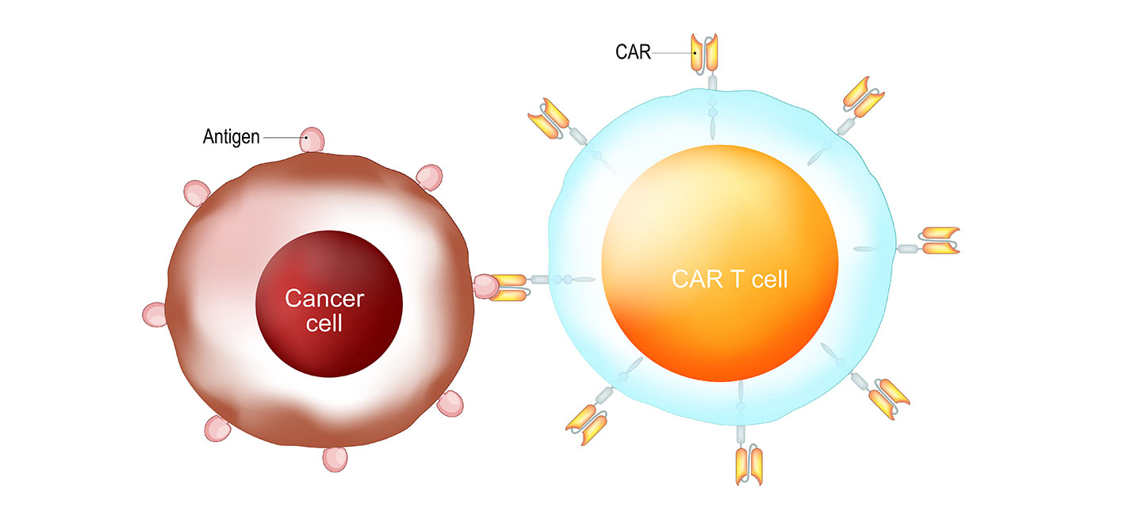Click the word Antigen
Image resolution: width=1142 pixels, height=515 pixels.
(231, 137)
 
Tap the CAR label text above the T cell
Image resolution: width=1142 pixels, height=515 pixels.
(633, 53)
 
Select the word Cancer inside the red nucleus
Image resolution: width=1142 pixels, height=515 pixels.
(324, 299)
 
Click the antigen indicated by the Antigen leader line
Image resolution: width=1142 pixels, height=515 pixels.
(312, 139)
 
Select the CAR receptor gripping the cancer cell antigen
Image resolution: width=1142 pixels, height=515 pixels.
(508, 287)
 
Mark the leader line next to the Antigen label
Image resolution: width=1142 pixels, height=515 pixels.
(282, 138)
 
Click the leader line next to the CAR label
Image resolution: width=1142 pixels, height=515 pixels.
(672, 53)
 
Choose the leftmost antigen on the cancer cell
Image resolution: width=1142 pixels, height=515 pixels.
(155, 314)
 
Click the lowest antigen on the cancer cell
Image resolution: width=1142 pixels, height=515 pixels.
(335, 458)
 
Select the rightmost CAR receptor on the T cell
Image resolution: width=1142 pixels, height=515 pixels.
(939, 241)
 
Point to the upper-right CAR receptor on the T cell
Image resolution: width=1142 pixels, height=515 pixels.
(863, 95)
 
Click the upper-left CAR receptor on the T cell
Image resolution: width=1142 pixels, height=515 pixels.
(547, 119)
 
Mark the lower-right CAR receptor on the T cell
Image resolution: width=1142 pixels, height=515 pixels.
(887, 396)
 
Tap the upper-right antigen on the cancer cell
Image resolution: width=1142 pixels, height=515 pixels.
(429, 177)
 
